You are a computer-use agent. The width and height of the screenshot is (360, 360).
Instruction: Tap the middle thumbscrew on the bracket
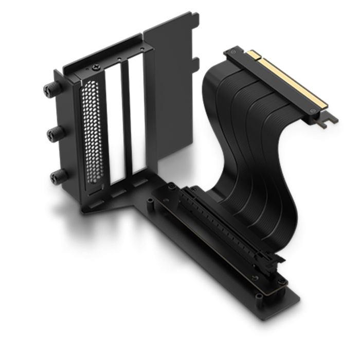coord(52,135)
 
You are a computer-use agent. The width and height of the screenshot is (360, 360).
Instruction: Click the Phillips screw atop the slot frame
coord(97,66)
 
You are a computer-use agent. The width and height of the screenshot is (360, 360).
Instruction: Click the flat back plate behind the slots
coord(170,93)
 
